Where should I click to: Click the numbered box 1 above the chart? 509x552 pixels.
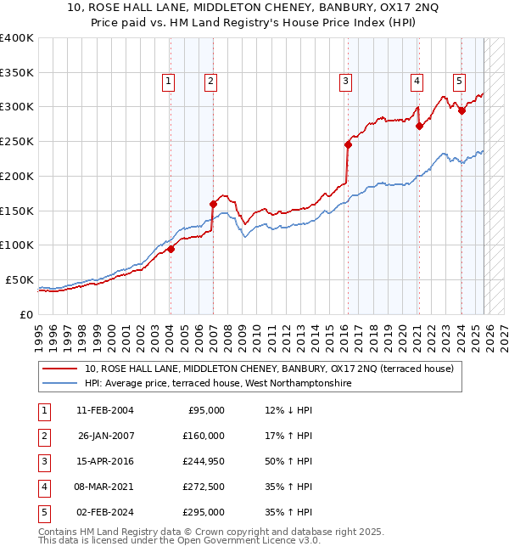[168, 82]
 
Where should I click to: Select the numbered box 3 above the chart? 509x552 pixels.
[346, 82]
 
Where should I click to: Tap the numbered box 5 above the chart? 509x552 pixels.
[459, 82]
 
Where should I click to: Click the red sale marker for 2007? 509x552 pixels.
[213, 203]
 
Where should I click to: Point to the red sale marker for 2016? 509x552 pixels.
[348, 144]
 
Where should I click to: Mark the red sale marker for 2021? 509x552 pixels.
[419, 126]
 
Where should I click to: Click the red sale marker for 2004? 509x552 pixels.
[171, 249]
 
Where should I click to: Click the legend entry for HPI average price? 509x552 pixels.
[217, 384]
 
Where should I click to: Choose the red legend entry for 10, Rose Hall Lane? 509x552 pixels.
[269, 369]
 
